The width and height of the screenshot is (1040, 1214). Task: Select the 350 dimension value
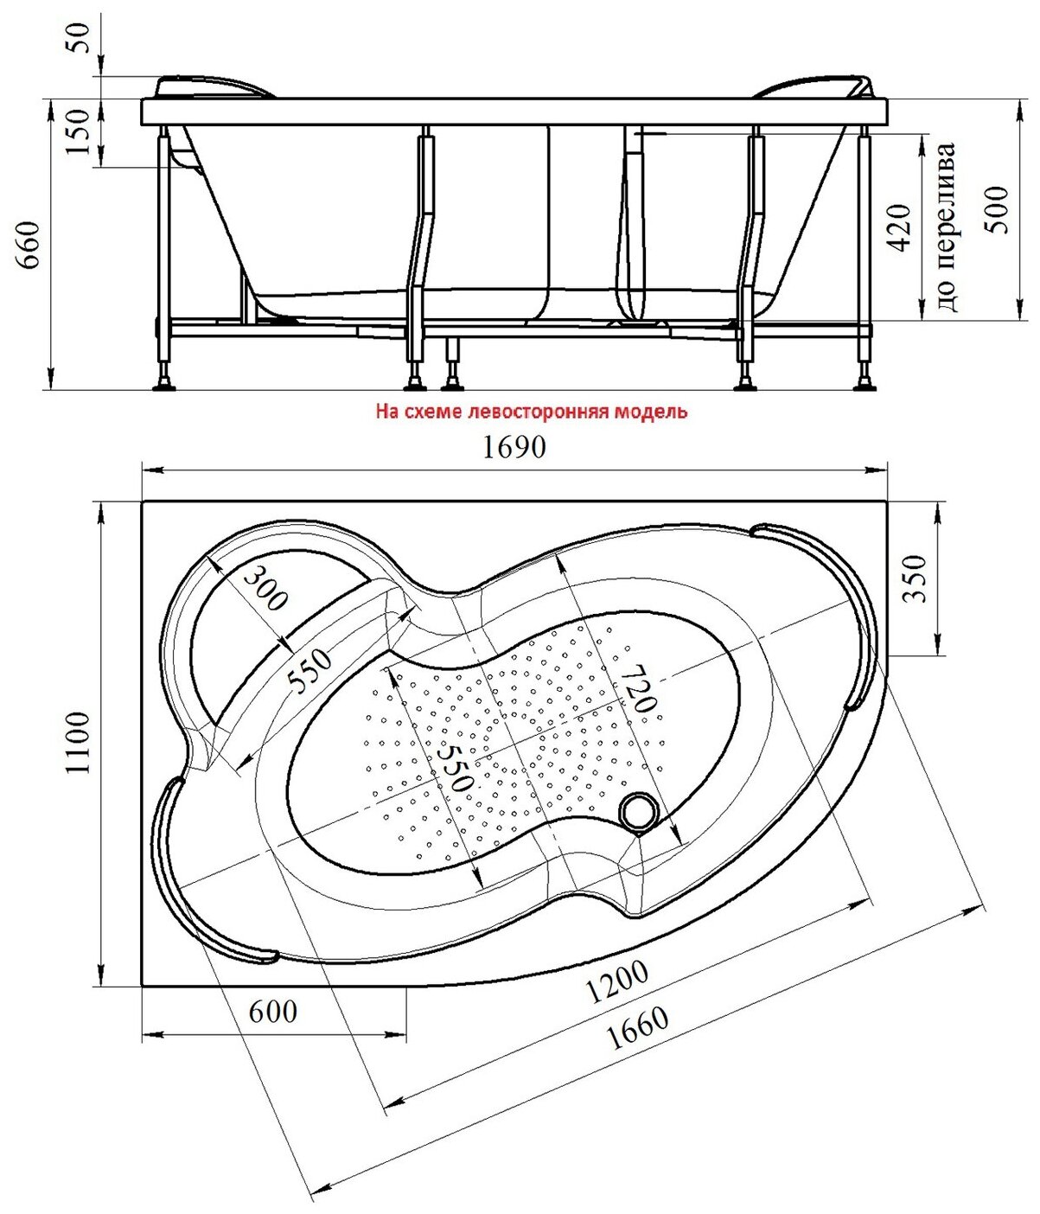pyautogui.click(x=916, y=578)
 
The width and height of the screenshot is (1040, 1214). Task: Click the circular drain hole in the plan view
pyautogui.click(x=639, y=811)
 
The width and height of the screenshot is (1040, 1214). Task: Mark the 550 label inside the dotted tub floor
pyautogui.click(x=455, y=764)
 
